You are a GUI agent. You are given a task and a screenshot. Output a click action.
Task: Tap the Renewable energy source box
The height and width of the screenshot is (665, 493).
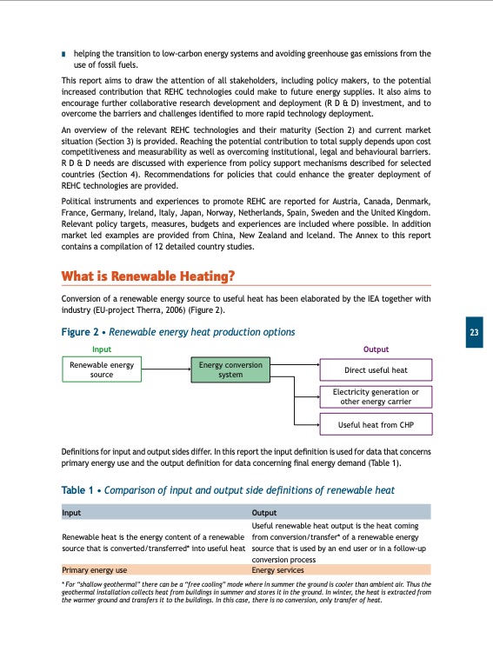(102, 370)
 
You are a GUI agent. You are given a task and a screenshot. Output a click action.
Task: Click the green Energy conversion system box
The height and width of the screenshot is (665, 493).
(230, 370)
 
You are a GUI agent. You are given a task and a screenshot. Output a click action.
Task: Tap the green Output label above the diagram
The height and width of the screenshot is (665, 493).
(376, 349)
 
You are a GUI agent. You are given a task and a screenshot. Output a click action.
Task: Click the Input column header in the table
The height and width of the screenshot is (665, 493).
(72, 513)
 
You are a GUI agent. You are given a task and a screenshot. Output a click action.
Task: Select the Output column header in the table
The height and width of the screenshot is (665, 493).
(264, 513)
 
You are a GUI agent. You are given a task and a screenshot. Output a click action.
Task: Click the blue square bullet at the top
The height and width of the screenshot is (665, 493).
(64, 54)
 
